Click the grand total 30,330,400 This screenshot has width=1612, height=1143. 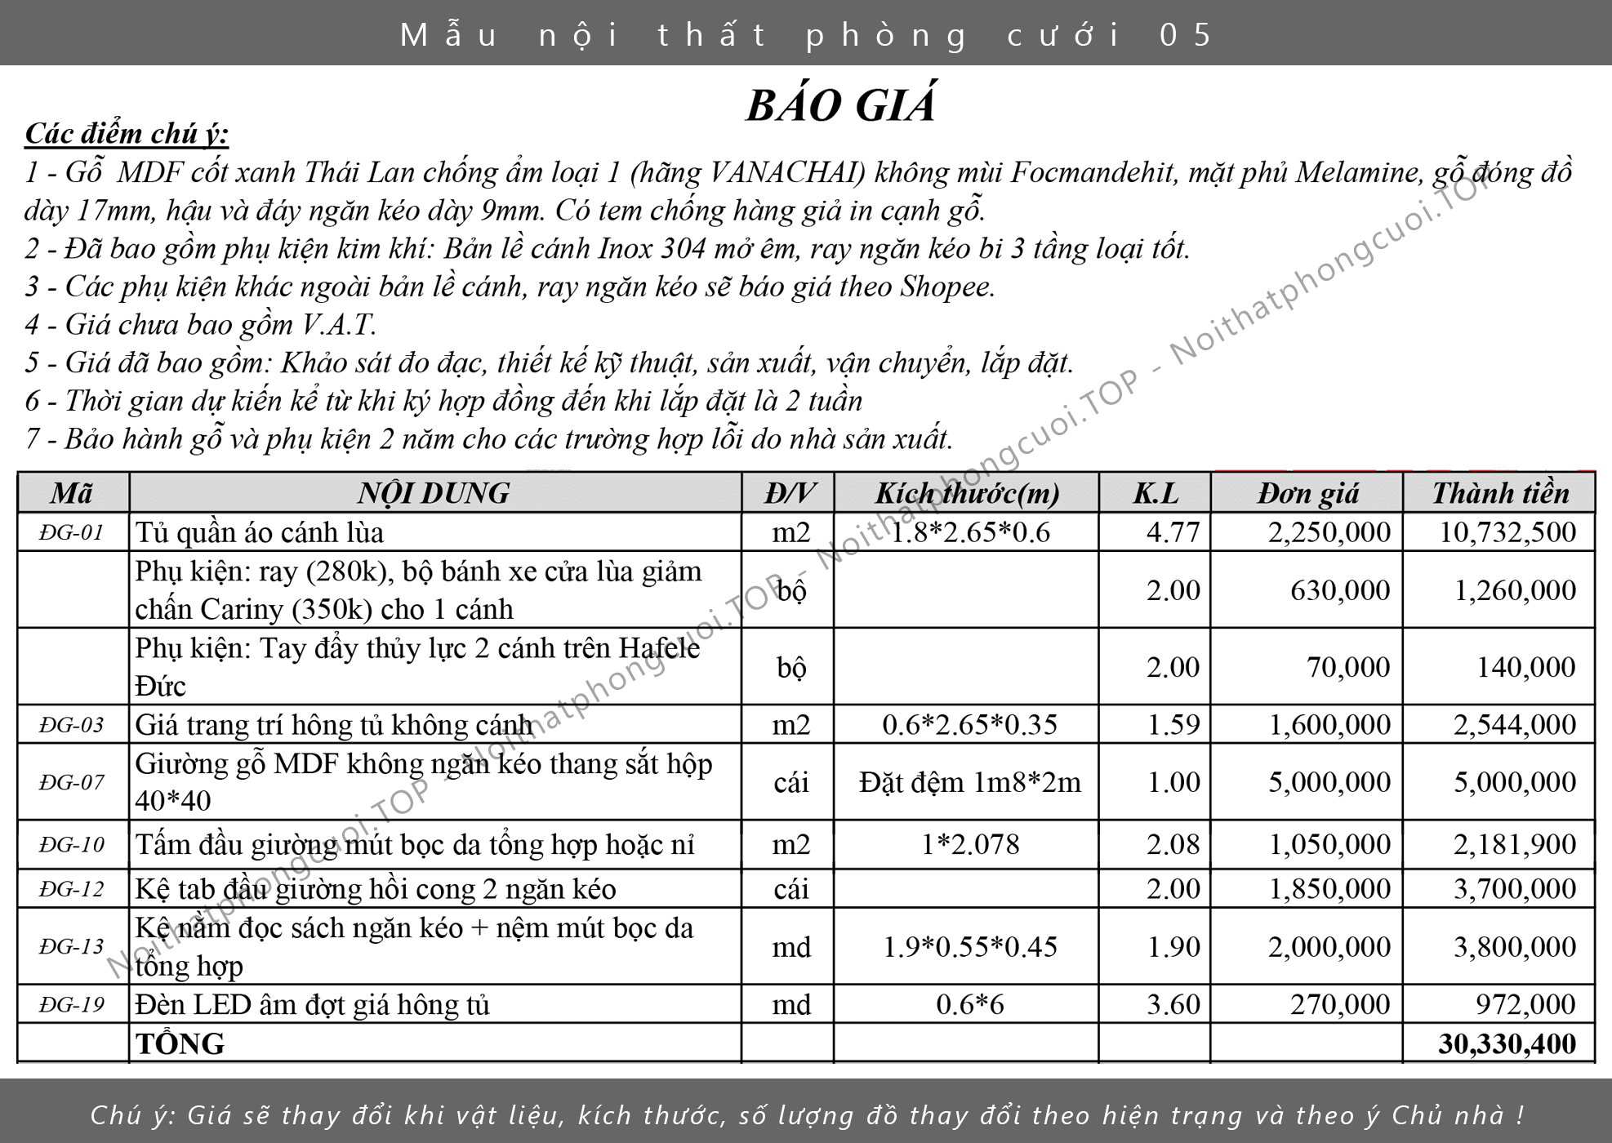pos(1507,1043)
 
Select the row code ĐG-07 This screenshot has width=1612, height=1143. pos(72,782)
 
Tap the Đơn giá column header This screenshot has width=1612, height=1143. pos(1307,493)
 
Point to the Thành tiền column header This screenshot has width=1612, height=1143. pos(1500,493)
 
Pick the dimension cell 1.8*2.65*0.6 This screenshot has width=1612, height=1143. pos(969,532)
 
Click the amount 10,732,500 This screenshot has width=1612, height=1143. pos(1507,532)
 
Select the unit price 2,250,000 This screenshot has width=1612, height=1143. pos(1329,532)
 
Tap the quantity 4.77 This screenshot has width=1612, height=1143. pos(1173,532)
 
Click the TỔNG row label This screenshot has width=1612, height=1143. pos(180,1043)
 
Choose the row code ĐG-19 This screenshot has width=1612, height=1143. pos(72,1004)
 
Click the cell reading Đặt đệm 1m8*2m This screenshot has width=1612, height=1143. pos(969,782)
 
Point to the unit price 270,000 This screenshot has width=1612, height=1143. pos(1339,1004)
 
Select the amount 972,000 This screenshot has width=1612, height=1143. pos(1525,1004)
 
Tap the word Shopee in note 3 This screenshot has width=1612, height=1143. pos(946,287)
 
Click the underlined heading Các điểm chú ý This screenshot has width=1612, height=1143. pos(127,134)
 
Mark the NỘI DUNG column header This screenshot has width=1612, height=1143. pos(434,493)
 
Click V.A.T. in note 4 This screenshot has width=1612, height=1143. pos(339,325)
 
